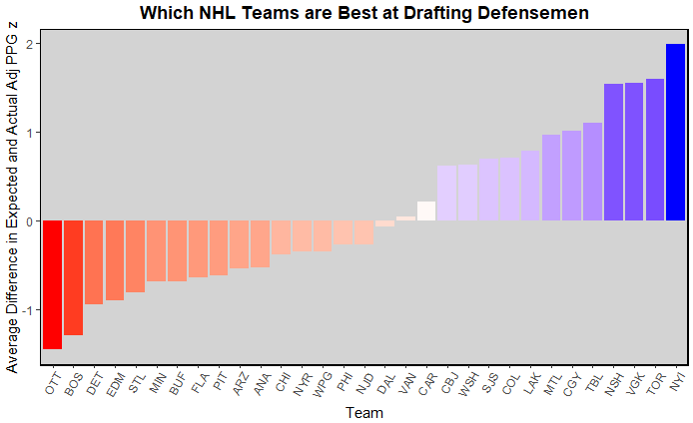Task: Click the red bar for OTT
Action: point(52,284)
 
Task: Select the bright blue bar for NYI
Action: point(676,133)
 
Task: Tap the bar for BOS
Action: point(73,277)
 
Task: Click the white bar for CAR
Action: point(426,211)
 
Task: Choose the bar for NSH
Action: point(613,153)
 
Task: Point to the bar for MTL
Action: point(551,178)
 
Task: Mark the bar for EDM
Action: point(115,259)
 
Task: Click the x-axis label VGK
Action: point(632,384)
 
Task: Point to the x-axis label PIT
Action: point(218,383)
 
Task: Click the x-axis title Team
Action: point(363,412)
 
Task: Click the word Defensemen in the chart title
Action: point(526,13)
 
